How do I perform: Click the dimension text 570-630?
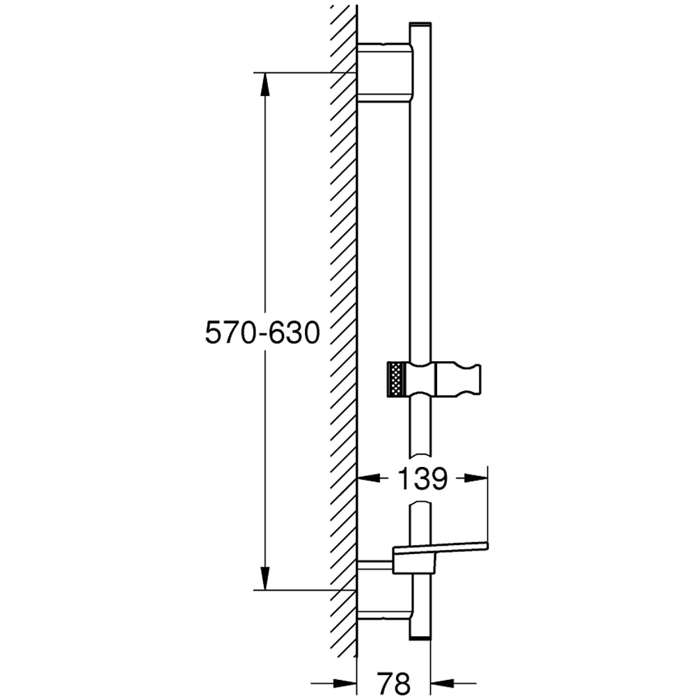pos(262,333)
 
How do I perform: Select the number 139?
pos(422,479)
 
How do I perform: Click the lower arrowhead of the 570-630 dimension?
pos(264,578)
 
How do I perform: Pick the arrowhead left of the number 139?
pos(370,478)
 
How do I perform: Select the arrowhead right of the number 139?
pos(475,478)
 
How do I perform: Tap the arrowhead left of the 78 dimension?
pos(345,683)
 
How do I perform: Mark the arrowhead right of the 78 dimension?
pos(443,683)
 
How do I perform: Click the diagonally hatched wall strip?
pos(342,313)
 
